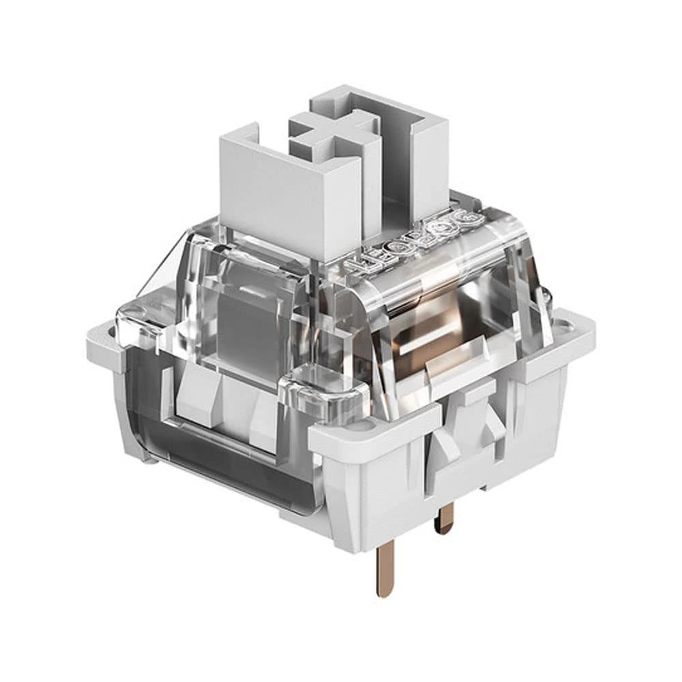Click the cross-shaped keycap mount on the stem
tap(333, 132)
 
